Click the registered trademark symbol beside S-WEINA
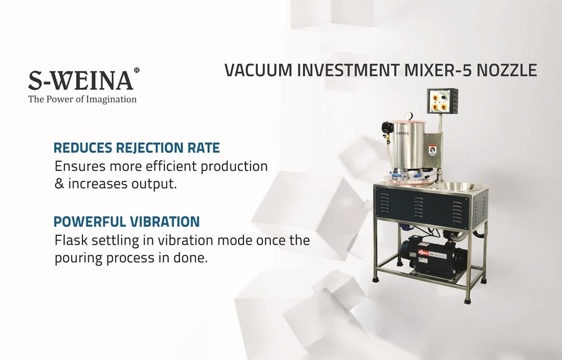pos(137,71)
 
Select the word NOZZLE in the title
pos(507,71)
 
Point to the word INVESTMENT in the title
pos(348,71)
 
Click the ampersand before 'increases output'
pos(59,184)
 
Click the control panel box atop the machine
pos(442,101)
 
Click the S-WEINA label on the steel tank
pos(402,134)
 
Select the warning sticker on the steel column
pos(433,150)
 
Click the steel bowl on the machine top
pos(458,187)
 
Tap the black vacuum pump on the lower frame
pos(433,257)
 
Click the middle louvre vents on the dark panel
pos(418,207)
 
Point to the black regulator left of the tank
pos(387,127)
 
